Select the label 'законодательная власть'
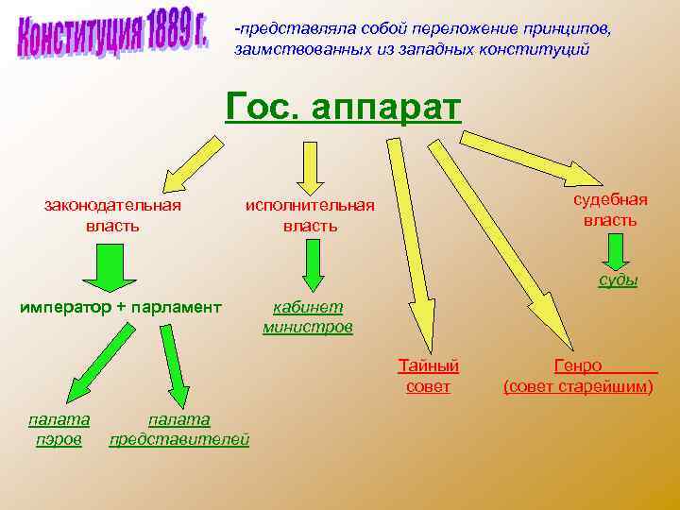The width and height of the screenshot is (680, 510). (x=112, y=214)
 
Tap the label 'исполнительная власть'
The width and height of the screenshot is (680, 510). (x=310, y=215)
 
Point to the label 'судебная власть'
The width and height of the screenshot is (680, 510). (x=610, y=210)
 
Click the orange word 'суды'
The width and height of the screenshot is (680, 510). (x=618, y=280)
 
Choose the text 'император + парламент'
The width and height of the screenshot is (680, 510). (x=121, y=306)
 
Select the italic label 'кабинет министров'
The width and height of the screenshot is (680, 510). (x=308, y=317)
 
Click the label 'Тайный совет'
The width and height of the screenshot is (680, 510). (x=428, y=375)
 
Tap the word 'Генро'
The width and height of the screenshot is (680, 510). (x=577, y=365)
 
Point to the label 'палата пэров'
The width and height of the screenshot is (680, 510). (x=59, y=429)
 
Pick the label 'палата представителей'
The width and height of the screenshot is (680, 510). (x=179, y=429)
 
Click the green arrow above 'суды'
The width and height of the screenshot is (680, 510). (x=616, y=251)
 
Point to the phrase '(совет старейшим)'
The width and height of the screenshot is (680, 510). (x=578, y=386)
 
